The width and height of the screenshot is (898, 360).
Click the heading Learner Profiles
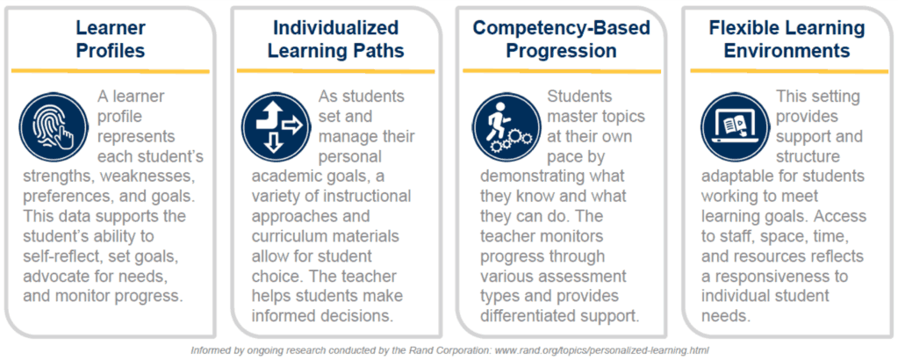(x=111, y=39)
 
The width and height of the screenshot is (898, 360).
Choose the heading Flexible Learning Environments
(x=787, y=39)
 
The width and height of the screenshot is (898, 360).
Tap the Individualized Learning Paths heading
(x=335, y=39)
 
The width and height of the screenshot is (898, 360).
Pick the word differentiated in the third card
(x=523, y=316)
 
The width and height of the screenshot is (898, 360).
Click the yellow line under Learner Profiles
(x=111, y=71)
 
